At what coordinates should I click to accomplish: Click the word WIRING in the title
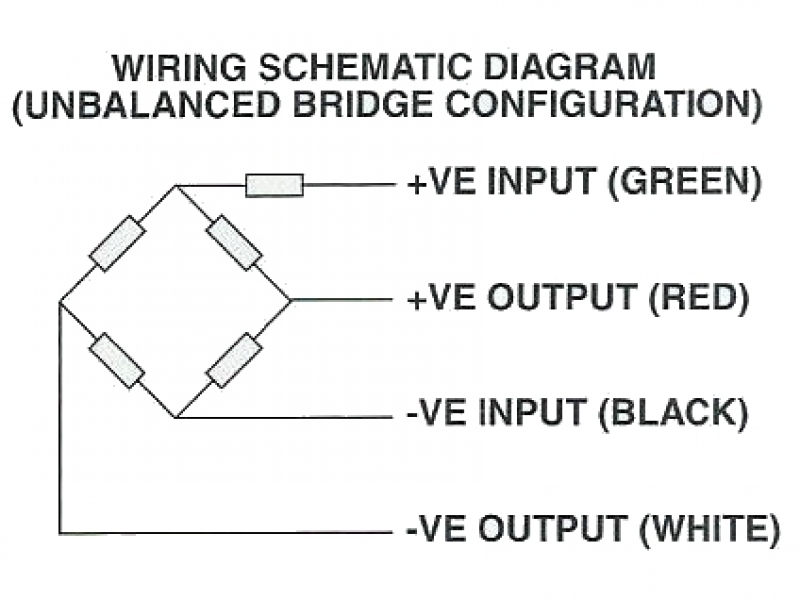180,67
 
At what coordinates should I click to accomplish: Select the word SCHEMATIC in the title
364,67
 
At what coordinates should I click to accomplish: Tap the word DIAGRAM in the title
569,67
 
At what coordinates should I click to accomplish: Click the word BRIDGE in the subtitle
363,105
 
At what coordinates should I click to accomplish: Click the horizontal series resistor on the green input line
274,185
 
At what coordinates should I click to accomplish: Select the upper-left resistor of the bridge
117,243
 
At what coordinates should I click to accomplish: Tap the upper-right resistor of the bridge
234,242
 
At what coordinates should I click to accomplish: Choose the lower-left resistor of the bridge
117,360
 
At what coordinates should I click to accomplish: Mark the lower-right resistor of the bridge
234,360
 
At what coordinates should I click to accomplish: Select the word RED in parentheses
699,298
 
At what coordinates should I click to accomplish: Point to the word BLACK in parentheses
673,413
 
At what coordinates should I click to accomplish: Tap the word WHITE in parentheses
710,529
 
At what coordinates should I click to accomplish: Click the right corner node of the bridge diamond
291,301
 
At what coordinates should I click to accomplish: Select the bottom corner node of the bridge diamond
176,417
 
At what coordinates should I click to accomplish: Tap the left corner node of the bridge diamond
60,302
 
